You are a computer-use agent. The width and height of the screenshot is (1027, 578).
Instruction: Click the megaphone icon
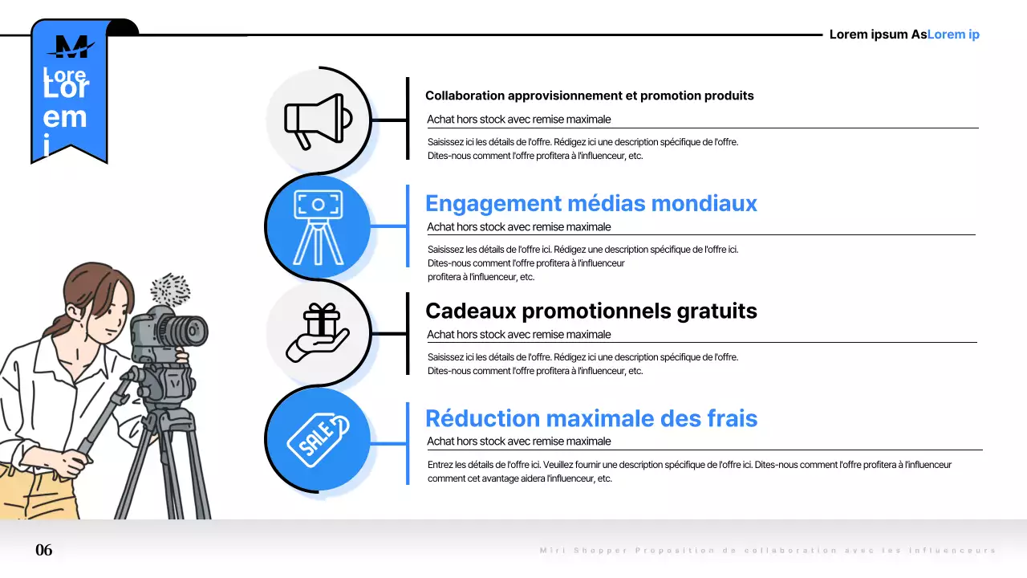click(318, 120)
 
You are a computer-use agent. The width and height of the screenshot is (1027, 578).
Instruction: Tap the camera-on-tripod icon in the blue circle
click(318, 227)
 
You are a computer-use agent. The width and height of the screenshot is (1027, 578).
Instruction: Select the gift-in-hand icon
click(318, 334)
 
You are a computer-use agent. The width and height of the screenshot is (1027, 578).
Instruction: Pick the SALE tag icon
click(318, 440)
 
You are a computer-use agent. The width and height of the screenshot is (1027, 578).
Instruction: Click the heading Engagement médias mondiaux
click(591, 204)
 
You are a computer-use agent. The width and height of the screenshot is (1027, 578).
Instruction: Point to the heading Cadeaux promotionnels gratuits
click(591, 311)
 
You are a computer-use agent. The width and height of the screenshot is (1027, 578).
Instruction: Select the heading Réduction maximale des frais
click(591, 418)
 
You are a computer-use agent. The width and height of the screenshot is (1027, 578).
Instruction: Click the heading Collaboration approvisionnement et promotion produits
click(589, 96)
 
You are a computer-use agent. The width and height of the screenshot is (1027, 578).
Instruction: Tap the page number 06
click(44, 550)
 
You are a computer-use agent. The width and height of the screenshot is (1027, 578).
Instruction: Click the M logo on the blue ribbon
click(70, 47)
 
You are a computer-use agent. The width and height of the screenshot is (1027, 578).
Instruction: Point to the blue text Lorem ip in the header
click(953, 35)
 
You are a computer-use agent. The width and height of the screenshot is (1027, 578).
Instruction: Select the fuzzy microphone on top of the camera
click(170, 288)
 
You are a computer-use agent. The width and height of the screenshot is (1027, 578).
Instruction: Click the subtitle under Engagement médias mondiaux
click(518, 227)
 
